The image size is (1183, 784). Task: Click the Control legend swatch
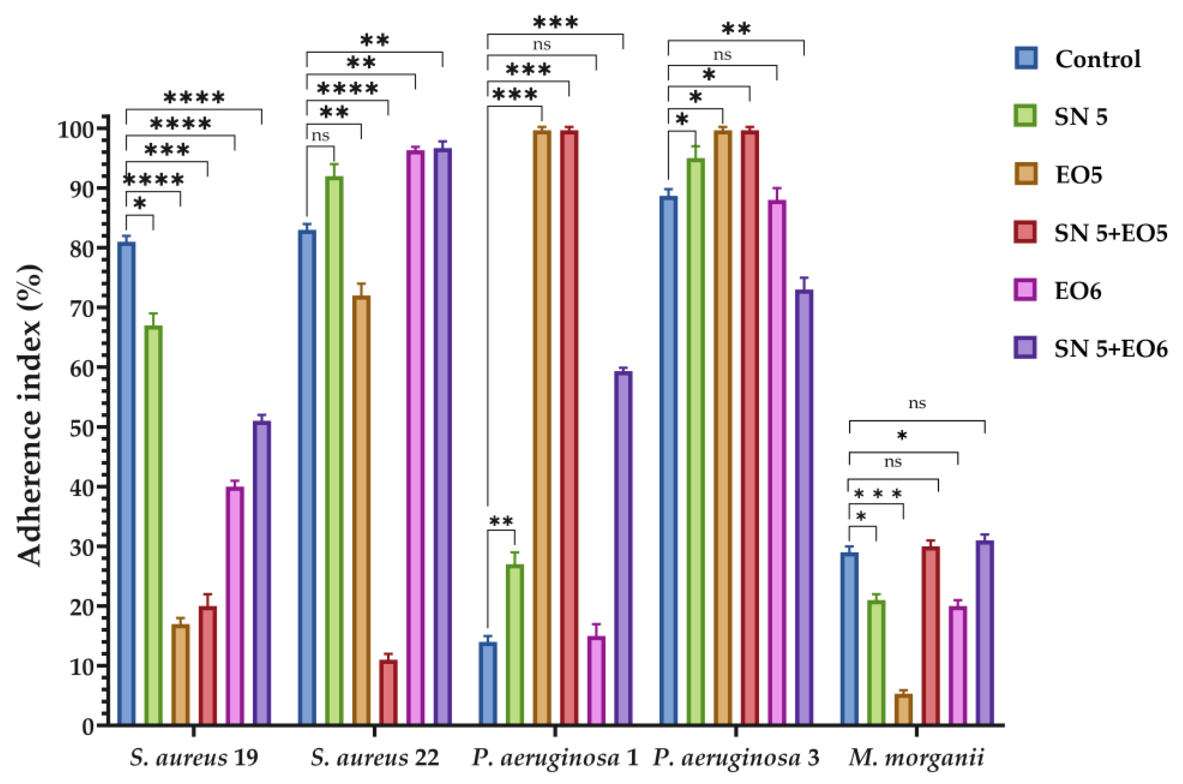pos(1026,58)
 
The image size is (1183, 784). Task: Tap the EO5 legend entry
pos(1078,174)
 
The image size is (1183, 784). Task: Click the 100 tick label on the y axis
pos(76,130)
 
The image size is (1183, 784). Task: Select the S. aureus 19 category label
pos(194,758)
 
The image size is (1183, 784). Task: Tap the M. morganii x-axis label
pos(916,758)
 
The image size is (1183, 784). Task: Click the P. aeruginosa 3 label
pos(736,758)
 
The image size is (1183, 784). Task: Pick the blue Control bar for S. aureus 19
pos(126,483)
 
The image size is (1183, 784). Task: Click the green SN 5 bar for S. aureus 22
pos(334,450)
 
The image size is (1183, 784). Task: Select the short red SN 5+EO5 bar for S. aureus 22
pos(388,692)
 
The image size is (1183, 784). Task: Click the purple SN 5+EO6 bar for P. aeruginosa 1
pos(623,547)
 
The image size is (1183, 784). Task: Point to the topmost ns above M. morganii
pos(917,403)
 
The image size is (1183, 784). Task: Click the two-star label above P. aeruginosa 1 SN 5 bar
pos(501,521)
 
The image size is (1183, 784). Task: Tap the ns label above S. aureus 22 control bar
pos(320,136)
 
